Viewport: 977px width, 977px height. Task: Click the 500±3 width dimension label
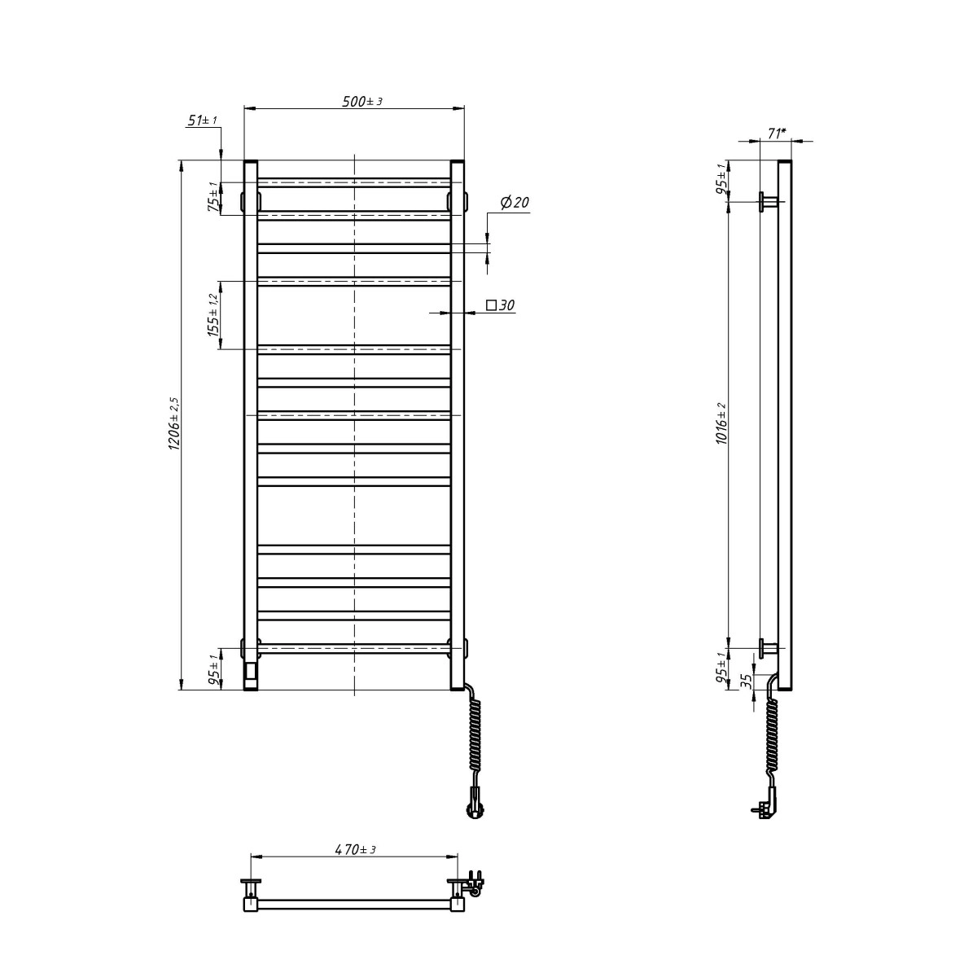361,102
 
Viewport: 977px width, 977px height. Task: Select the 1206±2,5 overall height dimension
173,424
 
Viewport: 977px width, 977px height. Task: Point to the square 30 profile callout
501,305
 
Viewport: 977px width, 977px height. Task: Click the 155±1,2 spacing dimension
213,315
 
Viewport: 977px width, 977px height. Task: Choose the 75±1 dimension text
213,197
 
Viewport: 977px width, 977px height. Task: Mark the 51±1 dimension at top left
202,120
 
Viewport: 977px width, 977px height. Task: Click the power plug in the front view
471,808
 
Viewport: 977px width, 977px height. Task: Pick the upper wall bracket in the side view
768,201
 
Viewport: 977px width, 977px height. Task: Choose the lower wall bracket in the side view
768,648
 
